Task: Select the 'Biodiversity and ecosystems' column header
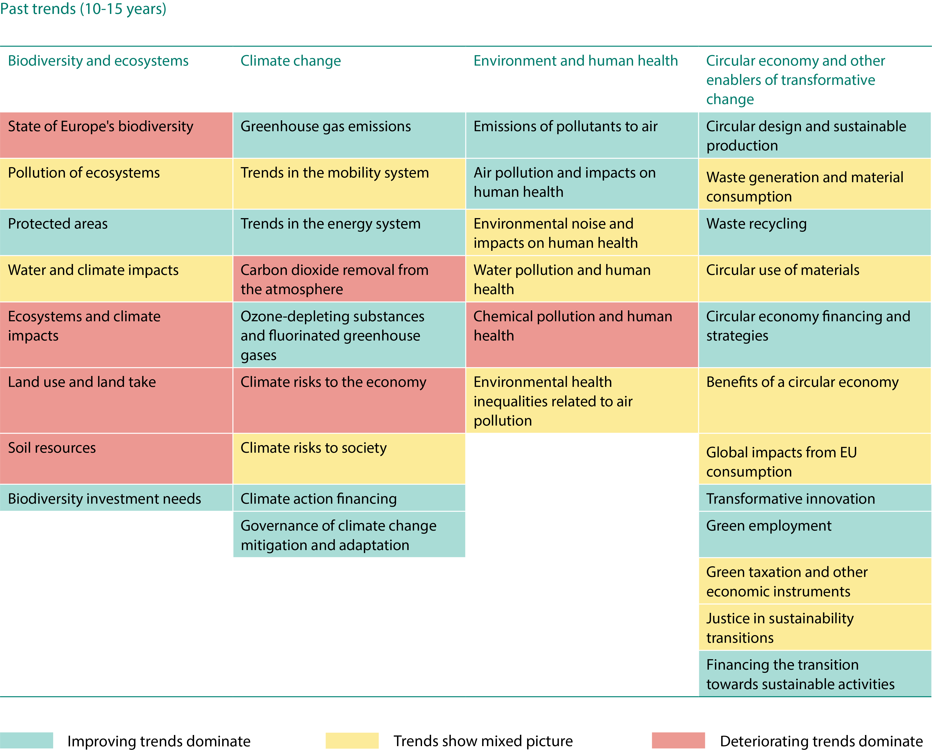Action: (98, 61)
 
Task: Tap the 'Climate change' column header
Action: (291, 61)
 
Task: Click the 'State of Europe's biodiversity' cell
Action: (116, 135)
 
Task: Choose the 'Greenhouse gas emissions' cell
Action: (349, 135)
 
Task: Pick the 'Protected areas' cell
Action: (116, 232)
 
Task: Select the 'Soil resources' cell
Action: (116, 458)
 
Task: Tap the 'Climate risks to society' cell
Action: (349, 458)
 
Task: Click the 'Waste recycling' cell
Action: (815, 232)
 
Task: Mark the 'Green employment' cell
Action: (815, 534)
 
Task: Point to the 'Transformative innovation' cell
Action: (815, 498)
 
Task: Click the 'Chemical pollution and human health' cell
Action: (582, 334)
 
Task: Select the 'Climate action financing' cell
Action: (349, 498)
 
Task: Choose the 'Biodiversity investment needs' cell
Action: (116, 498)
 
